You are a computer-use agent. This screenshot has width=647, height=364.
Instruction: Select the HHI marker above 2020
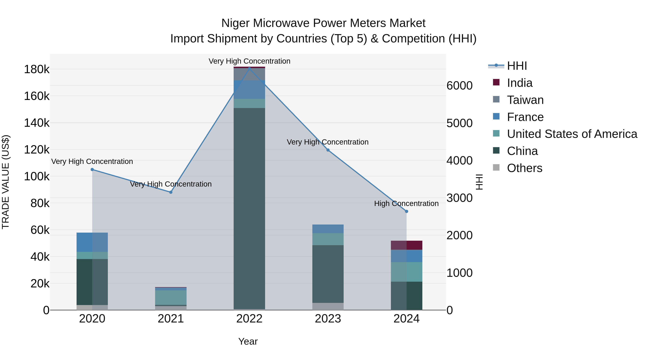92,170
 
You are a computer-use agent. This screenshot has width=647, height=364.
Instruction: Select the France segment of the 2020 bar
92,242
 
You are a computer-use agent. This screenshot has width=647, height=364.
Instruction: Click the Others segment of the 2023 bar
328,306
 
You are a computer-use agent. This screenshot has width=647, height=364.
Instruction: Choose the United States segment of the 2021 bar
171,297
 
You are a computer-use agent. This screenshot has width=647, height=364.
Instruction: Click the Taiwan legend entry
525,100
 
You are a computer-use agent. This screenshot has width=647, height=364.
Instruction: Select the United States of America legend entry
572,134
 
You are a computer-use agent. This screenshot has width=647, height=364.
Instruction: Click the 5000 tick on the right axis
459,123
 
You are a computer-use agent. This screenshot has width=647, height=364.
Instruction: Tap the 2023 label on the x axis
328,319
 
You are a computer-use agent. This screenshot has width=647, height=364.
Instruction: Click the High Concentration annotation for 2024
406,203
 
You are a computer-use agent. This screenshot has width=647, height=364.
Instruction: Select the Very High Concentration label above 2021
171,184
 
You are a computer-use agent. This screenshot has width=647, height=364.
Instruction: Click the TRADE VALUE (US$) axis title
6,182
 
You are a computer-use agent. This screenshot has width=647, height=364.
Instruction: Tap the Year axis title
248,341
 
